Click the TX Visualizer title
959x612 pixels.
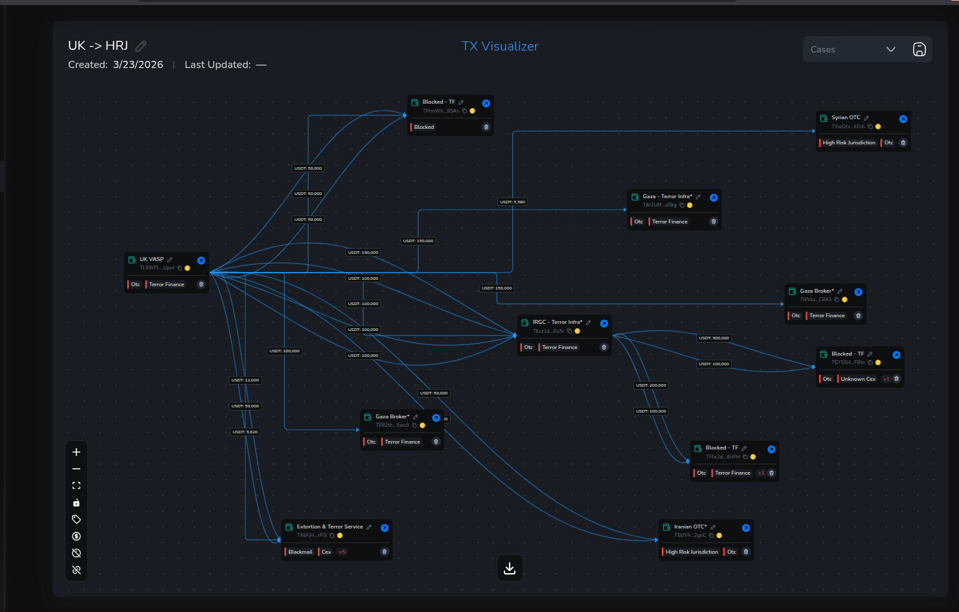coord(500,47)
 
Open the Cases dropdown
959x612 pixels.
coord(853,49)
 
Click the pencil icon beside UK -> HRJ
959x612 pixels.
coord(141,46)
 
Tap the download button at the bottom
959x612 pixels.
coord(510,568)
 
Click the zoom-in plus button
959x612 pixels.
coord(76,452)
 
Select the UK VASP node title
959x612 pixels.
coord(152,259)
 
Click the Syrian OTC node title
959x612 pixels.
coord(846,118)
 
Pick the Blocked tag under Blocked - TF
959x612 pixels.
coord(424,127)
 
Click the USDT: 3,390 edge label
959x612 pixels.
coord(512,202)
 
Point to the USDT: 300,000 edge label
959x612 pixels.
coord(714,338)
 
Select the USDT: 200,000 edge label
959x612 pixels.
coord(651,385)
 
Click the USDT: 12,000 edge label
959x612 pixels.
coord(245,380)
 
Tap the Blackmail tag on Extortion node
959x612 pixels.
coord(300,552)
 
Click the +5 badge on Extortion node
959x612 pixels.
coord(342,552)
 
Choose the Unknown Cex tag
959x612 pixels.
coord(857,379)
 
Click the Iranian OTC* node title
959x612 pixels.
coord(690,527)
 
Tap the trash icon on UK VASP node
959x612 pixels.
coord(201,284)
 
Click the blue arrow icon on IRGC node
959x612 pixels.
coord(604,324)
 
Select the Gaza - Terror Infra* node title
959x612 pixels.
coord(667,196)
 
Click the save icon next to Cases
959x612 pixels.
coord(919,49)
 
